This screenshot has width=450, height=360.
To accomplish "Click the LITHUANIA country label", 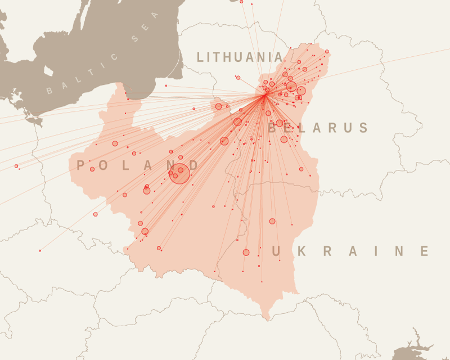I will coord(240,57).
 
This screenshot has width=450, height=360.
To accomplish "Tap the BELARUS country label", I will coord(318,128).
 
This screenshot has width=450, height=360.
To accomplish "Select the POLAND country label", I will coord(138,165).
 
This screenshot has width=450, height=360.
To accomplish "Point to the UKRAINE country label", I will coord(351,251).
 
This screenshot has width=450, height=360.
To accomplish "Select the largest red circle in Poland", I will coord(181,173).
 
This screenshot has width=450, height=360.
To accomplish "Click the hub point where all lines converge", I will coord(265,94).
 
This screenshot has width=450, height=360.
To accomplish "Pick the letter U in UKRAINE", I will coord(277,251).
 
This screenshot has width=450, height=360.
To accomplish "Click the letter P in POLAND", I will coord(81,165).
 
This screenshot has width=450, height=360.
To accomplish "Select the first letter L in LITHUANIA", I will coord(201,57).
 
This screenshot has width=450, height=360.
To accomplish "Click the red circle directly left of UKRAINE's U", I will coord(246,253).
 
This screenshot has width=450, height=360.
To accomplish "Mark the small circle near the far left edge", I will coord(16,166).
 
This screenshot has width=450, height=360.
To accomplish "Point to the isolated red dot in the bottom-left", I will coord(40,250).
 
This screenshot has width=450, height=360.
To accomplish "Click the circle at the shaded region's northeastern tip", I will coord(327,51).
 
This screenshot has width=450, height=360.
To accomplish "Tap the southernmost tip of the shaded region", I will coord(269,319).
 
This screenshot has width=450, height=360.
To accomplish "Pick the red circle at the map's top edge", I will coord(241,2).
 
